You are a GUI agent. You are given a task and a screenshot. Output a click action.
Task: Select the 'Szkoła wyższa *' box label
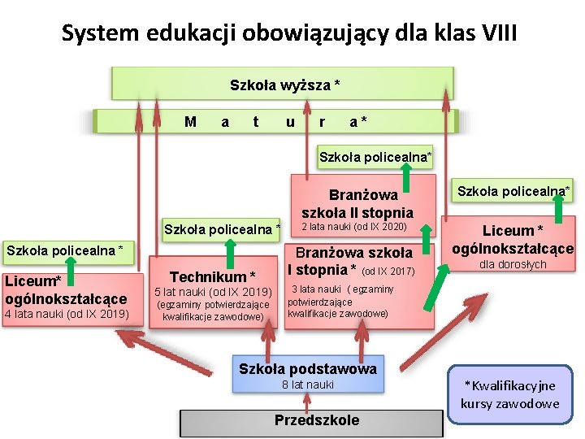tap(284, 85)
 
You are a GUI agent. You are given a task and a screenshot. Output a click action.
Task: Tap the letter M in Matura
tap(190, 122)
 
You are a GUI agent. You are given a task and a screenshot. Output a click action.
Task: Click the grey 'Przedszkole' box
tap(316, 420)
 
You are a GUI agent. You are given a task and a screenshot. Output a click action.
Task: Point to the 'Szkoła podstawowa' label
tap(308, 369)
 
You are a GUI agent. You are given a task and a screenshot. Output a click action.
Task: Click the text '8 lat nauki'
tap(308, 385)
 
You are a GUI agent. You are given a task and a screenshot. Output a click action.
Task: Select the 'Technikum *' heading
tap(213, 277)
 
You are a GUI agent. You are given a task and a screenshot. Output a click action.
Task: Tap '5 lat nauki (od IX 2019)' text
tap(213, 292)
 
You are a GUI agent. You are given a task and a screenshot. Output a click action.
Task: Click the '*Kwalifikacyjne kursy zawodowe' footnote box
tap(510, 394)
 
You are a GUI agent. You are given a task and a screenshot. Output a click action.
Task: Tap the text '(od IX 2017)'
tap(388, 271)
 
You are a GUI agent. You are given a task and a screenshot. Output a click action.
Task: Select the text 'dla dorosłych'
tap(512, 264)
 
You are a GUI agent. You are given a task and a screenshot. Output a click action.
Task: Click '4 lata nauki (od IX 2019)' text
tap(67, 314)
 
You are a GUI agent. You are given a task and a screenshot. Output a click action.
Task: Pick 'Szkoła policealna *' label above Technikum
tap(222, 228)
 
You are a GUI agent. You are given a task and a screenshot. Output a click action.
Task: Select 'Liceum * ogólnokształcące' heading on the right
tap(512, 240)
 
